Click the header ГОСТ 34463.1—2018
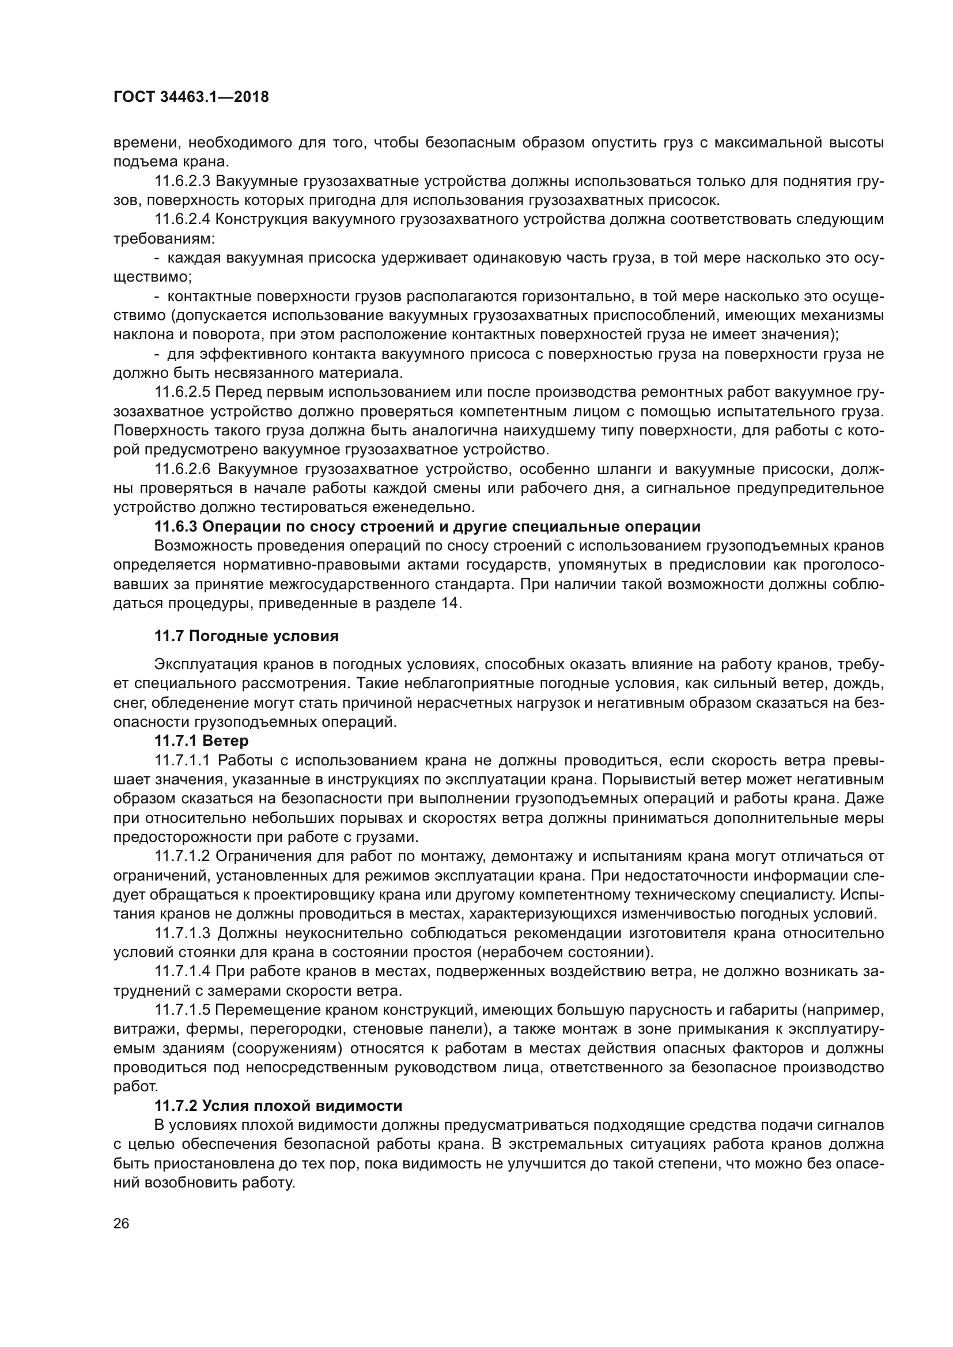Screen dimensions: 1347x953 point(191,97)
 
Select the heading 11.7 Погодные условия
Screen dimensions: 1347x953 point(247,636)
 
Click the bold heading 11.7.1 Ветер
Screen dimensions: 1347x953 point(201,741)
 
